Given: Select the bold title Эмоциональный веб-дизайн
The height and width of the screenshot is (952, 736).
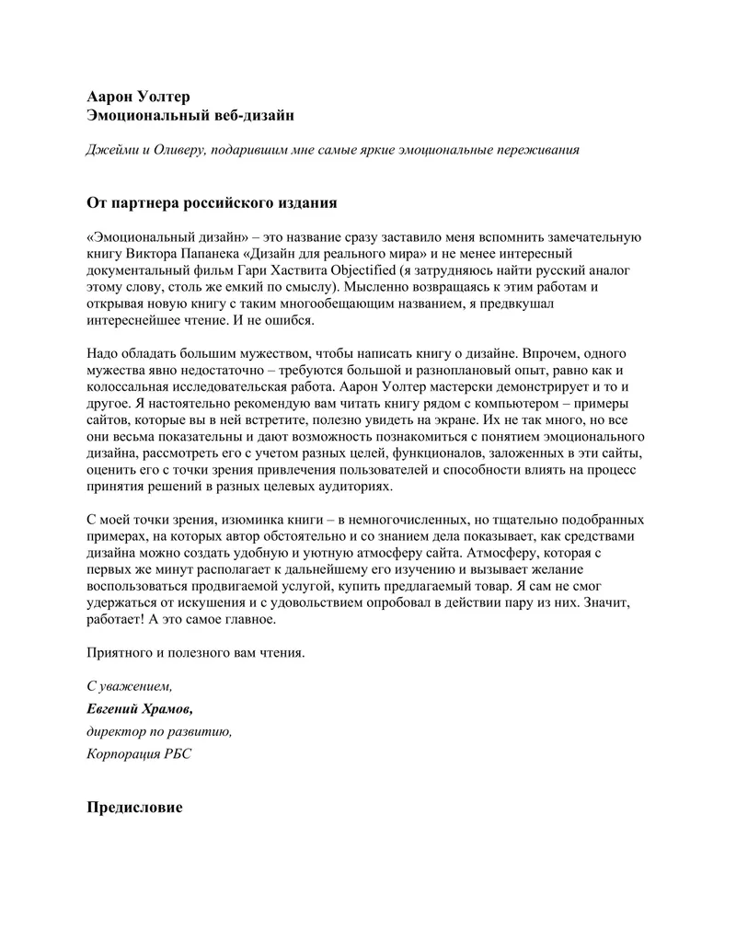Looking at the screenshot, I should pos(190,115).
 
